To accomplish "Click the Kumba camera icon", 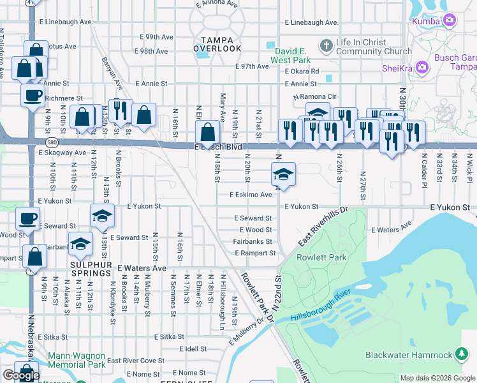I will (450, 21).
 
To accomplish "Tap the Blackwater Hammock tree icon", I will (462, 354).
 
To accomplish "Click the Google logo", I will (21, 376).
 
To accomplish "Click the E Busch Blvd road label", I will (219, 147).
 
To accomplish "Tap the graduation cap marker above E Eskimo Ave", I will (284, 173).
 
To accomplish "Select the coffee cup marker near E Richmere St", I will (32, 96).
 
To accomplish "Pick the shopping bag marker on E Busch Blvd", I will (208, 132).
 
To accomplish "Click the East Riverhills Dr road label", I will (323, 227).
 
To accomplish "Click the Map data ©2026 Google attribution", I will (437, 378).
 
